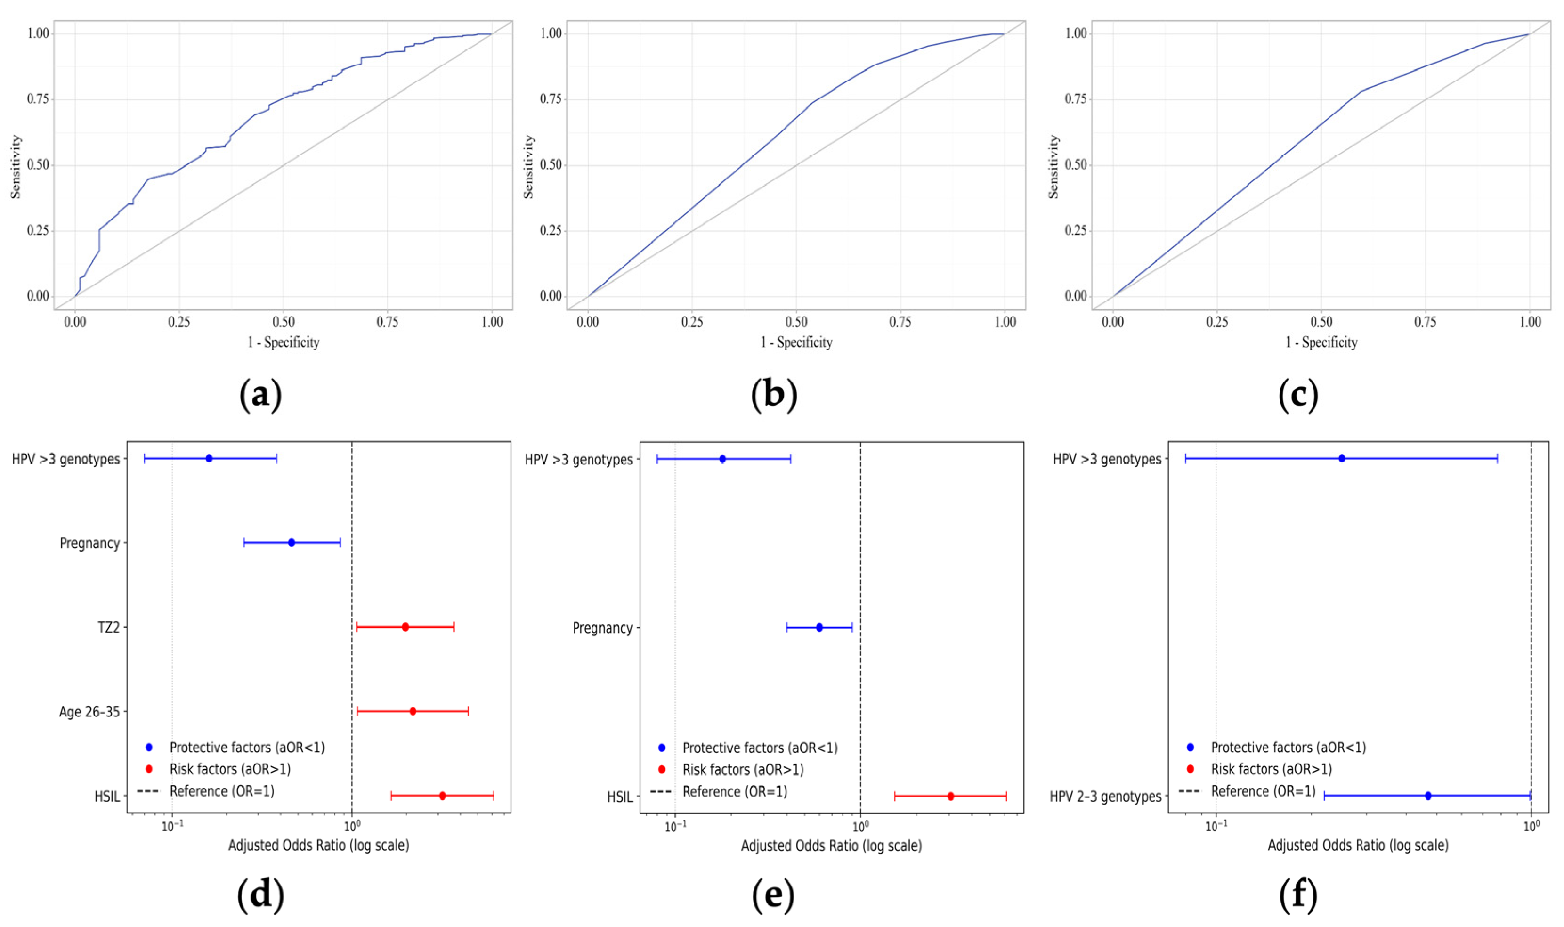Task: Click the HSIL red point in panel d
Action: click(x=442, y=796)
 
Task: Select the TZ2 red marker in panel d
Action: click(x=405, y=626)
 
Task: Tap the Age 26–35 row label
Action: click(x=89, y=711)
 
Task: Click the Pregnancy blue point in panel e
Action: click(x=819, y=627)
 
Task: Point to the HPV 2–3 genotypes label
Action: click(x=1105, y=797)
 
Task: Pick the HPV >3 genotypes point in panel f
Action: click(x=1342, y=458)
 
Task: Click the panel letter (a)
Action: click(x=260, y=395)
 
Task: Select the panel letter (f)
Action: click(x=1298, y=894)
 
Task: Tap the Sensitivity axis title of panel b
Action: click(x=529, y=167)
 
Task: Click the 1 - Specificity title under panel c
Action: click(x=1321, y=342)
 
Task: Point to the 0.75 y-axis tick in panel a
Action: click(x=38, y=99)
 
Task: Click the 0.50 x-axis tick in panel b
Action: click(x=796, y=322)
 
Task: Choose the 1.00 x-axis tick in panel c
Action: click(x=1530, y=322)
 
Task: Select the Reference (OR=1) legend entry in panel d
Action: click(x=222, y=791)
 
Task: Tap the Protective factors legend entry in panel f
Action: click(x=1288, y=747)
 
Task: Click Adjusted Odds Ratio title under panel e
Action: click(x=831, y=846)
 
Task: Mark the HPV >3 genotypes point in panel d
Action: click(x=209, y=458)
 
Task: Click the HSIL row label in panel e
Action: click(x=619, y=797)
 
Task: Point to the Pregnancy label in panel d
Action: click(x=89, y=543)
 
